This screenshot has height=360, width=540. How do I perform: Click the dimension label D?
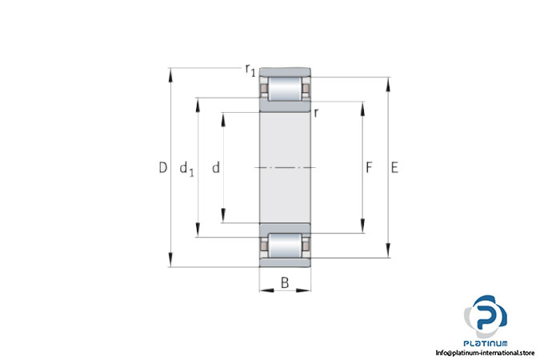[163, 168]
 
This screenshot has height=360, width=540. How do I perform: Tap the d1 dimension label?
[187, 169]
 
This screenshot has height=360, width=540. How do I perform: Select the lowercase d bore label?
[216, 168]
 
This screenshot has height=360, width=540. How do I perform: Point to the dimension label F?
[369, 168]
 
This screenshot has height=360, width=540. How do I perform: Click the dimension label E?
[394, 168]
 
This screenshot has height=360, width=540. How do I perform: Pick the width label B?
[285, 283]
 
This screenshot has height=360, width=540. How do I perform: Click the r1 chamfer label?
[250, 70]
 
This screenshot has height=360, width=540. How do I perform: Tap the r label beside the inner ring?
[316, 113]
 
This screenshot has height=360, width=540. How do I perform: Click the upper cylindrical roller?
[285, 89]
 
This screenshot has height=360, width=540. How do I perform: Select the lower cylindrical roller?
[285, 246]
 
